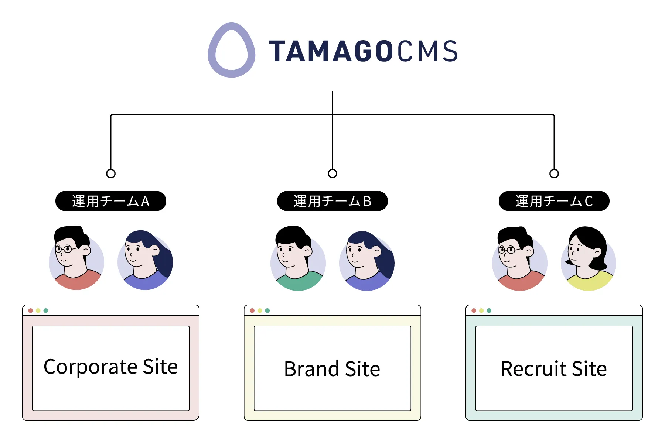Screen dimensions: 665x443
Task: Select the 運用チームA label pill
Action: tap(111, 201)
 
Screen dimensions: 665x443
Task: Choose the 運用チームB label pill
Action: tap(332, 201)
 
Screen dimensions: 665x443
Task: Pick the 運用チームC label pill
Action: tap(554, 201)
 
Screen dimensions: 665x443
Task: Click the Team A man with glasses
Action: tap(76, 258)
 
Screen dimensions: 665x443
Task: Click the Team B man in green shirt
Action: tap(298, 258)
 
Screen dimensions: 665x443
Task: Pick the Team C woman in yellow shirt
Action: tap(589, 259)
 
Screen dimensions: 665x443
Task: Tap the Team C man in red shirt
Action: tap(519, 259)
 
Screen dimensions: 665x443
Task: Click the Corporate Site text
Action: tap(111, 367)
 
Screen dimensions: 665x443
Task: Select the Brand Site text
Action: tap(332, 369)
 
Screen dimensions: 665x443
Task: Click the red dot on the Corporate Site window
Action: tap(31, 310)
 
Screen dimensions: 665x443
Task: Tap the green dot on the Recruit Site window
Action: tap(489, 310)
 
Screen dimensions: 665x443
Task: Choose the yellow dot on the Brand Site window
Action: tap(260, 310)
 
